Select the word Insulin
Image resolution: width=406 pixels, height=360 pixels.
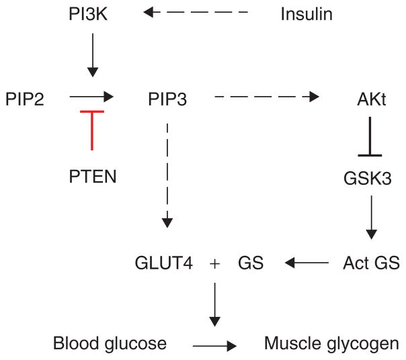point(307,13)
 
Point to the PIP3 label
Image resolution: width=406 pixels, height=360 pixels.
point(167,100)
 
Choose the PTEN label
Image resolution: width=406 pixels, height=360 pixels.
point(93,177)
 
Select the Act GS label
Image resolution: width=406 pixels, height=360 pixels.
point(370,263)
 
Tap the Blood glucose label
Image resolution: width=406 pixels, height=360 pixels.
point(110,345)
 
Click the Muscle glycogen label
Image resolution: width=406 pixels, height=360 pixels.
point(330,345)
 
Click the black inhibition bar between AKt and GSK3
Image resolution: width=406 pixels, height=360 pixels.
point(370,137)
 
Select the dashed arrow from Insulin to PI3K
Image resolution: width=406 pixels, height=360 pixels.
point(196,13)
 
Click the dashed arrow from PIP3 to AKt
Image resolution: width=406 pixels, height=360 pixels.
point(266,98)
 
